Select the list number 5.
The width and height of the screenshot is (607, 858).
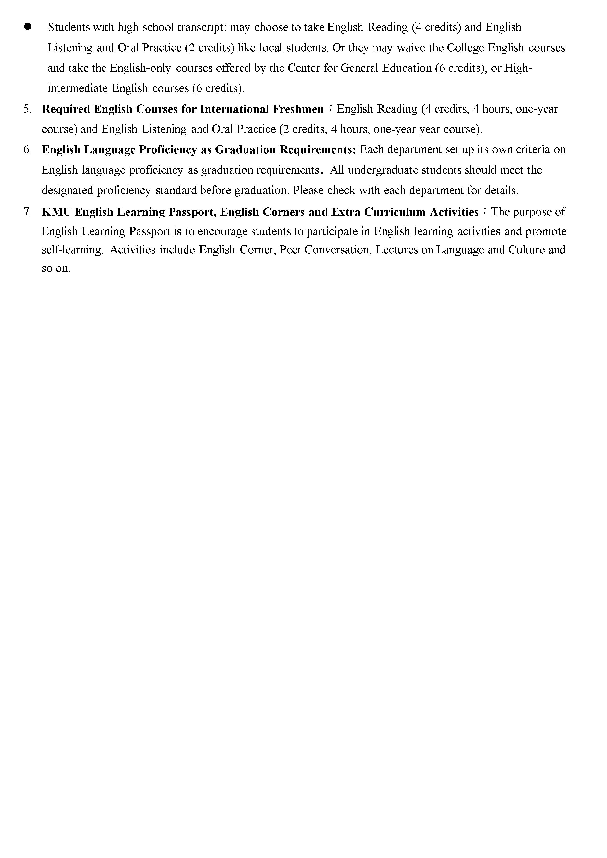27,109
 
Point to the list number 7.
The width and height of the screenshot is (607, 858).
27,212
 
